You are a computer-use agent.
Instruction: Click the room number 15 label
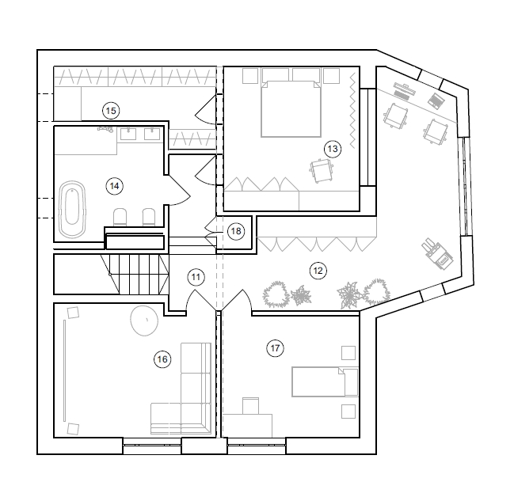[x=111, y=111]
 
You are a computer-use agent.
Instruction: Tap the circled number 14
[x=114, y=186]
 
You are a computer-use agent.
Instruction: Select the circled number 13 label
[x=333, y=149]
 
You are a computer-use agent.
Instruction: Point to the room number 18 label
[x=236, y=231]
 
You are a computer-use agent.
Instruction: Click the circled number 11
[x=196, y=277]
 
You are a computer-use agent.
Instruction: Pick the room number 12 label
[x=318, y=271]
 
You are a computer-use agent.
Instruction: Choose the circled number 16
[x=162, y=359]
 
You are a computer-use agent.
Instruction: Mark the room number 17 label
[x=275, y=348]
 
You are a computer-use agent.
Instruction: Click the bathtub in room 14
[x=72, y=209]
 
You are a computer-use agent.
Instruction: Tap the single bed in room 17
[x=325, y=381]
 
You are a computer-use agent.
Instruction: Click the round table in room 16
[x=144, y=320]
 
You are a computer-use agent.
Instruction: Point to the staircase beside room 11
[x=135, y=274]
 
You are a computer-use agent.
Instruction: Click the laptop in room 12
[x=436, y=101]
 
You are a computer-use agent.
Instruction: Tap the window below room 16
[x=152, y=445]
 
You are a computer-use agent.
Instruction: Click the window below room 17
[x=257, y=445]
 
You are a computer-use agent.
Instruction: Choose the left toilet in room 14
[x=120, y=217]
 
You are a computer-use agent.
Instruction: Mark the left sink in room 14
[x=128, y=134]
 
